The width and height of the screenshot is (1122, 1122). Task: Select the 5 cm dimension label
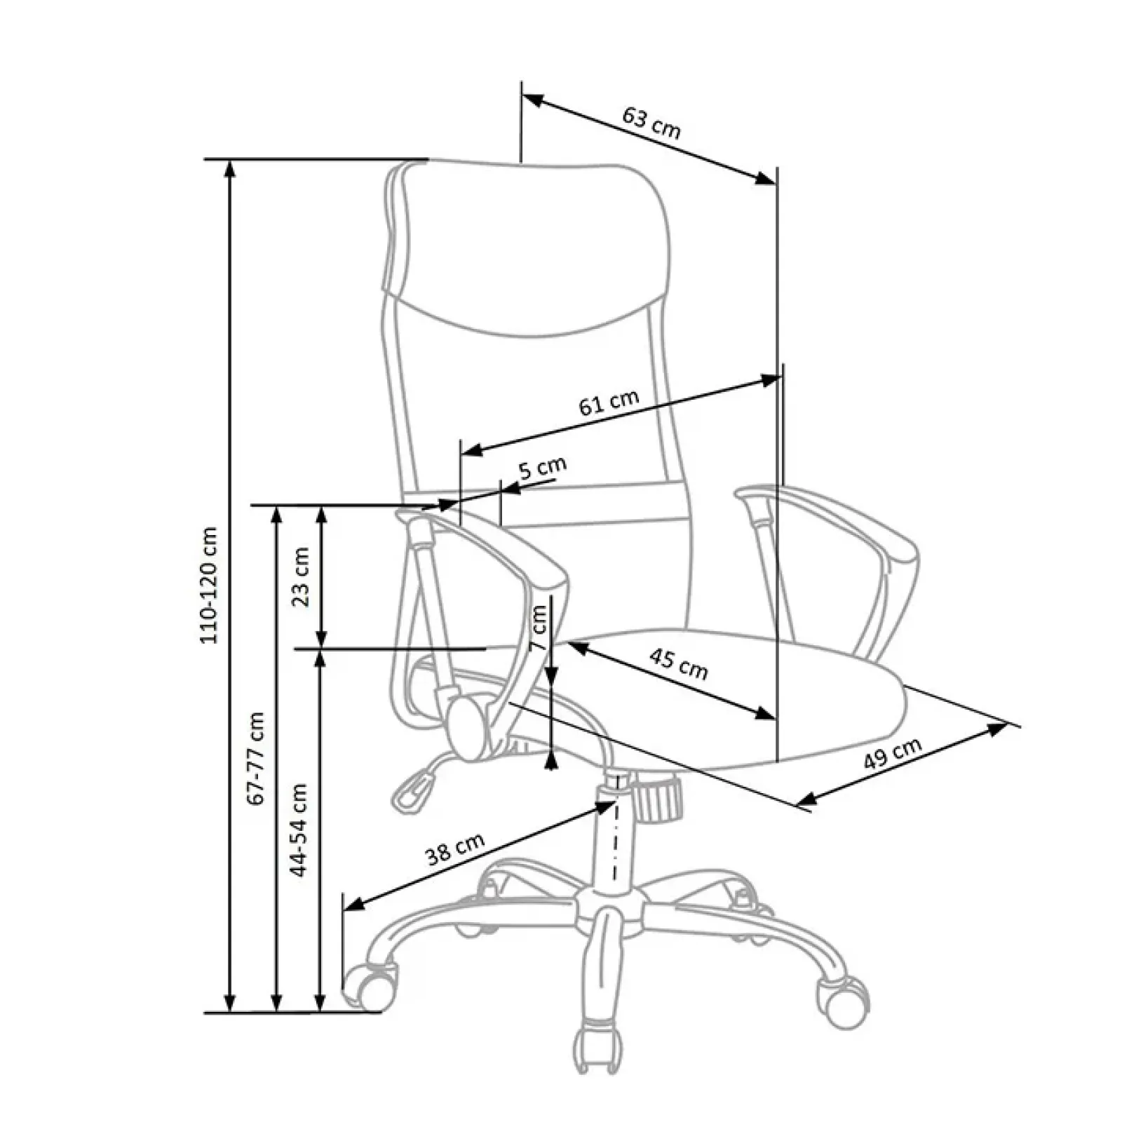542,467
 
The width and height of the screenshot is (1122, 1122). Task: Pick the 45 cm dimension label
678,663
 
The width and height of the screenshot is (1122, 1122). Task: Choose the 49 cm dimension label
892,753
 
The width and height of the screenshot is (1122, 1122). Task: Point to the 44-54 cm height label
299,830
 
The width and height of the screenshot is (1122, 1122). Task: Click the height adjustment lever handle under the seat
411,790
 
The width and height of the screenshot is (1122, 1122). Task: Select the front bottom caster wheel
598,1049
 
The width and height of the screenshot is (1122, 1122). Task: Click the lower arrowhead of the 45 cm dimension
767,714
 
